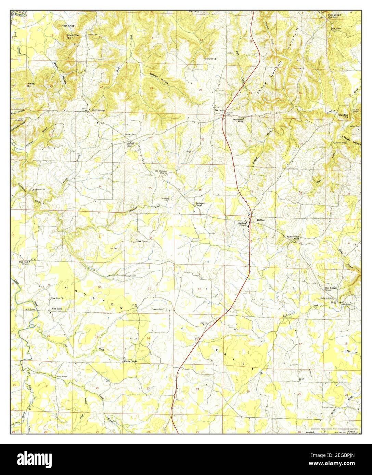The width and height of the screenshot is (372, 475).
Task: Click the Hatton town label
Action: click(261, 220)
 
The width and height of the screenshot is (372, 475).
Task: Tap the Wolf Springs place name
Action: click(98, 111)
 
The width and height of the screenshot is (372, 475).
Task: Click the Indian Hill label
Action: click(31, 85)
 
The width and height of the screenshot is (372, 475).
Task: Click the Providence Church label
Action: click(238, 121)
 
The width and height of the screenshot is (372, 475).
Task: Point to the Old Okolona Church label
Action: click(161, 172)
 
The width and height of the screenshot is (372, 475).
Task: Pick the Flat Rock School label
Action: click(24, 263)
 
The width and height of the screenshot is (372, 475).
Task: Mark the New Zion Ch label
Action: click(57, 299)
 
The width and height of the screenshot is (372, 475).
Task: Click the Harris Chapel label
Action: click(130, 361)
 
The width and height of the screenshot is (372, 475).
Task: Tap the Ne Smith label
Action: click(220, 110)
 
